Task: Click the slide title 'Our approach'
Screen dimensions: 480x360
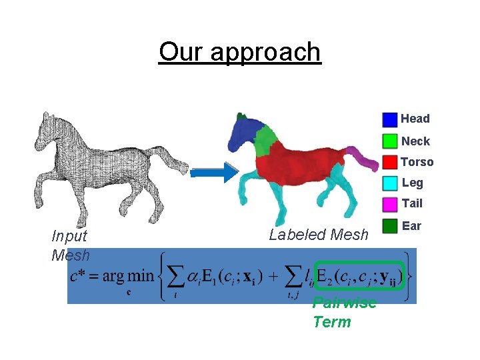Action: tap(239, 51)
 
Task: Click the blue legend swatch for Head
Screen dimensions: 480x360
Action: tap(390, 120)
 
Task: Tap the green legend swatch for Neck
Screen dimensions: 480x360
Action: tap(390, 141)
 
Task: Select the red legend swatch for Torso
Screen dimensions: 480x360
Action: tap(390, 162)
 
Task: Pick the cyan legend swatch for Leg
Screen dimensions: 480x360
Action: tap(390, 183)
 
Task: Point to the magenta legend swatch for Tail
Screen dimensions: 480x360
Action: tap(390, 203)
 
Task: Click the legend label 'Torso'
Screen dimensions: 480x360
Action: tap(417, 162)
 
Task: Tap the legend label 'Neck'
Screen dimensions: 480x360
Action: tap(415, 141)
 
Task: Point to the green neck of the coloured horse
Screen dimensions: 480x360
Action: tap(266, 140)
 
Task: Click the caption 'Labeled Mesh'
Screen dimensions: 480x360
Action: tap(318, 235)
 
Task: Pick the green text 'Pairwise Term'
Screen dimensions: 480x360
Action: tap(343, 313)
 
